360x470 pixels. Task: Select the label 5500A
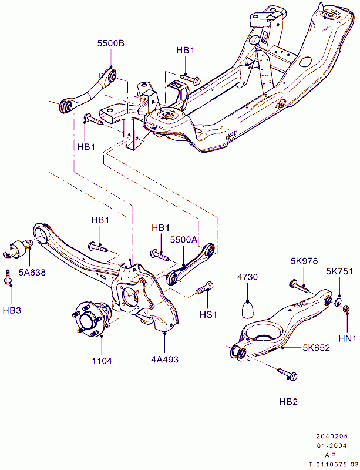(x=184, y=240)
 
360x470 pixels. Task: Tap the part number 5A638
(x=32, y=272)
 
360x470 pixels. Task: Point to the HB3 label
(x=11, y=310)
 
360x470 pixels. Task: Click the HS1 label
(x=208, y=314)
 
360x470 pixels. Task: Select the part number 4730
(x=248, y=277)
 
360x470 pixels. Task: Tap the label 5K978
(x=304, y=260)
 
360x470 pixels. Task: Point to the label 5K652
(x=316, y=347)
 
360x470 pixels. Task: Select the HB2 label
(x=288, y=401)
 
